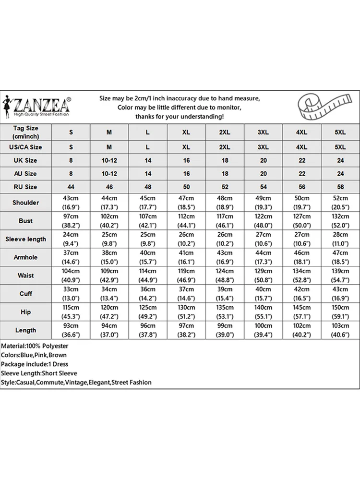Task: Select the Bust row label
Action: (x=26, y=221)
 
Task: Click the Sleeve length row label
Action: (x=26, y=239)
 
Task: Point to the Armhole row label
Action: (x=26, y=257)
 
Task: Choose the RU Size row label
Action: (x=26, y=187)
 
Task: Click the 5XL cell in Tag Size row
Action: (x=340, y=132)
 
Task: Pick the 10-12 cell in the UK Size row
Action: (x=109, y=160)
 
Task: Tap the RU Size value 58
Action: (x=340, y=187)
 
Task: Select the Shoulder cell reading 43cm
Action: (x=71, y=203)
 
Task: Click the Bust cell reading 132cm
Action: (x=340, y=221)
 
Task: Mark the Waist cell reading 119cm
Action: (x=186, y=276)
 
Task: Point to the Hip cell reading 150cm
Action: (x=340, y=312)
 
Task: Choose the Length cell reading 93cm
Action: (x=71, y=330)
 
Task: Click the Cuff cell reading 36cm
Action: (x=148, y=294)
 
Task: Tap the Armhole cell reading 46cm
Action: (x=301, y=257)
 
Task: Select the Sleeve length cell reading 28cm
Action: (x=340, y=239)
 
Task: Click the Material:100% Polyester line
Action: (x=35, y=346)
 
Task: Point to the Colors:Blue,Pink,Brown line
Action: (x=34, y=355)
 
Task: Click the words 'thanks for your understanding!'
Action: (x=179, y=117)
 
